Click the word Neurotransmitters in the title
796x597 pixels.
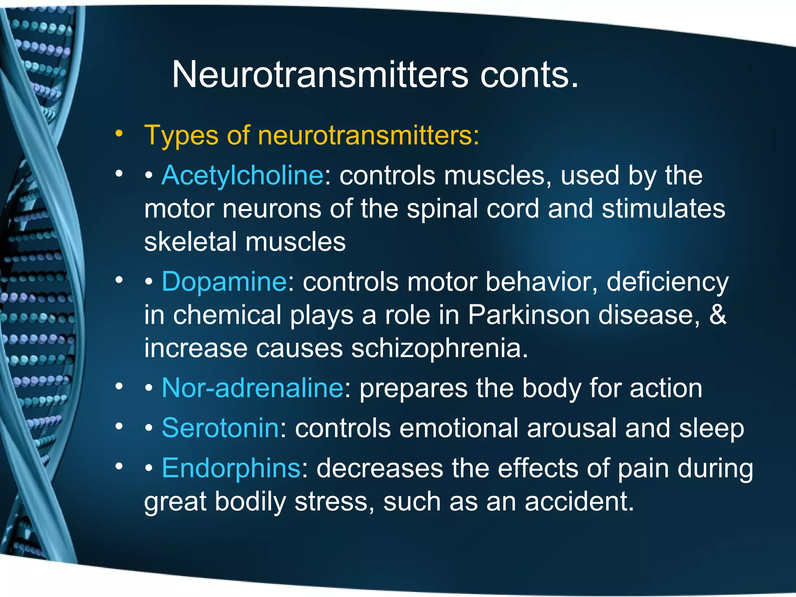pos(320,75)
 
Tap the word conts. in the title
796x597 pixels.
pos(529,75)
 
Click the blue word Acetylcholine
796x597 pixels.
pos(242,175)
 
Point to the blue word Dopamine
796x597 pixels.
pos(224,281)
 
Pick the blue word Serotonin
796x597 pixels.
pos(220,428)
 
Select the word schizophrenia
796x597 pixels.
pos(439,348)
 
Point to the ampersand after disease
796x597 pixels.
pos(717,314)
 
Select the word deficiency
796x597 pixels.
pos(667,281)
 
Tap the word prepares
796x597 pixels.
pos(413,388)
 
